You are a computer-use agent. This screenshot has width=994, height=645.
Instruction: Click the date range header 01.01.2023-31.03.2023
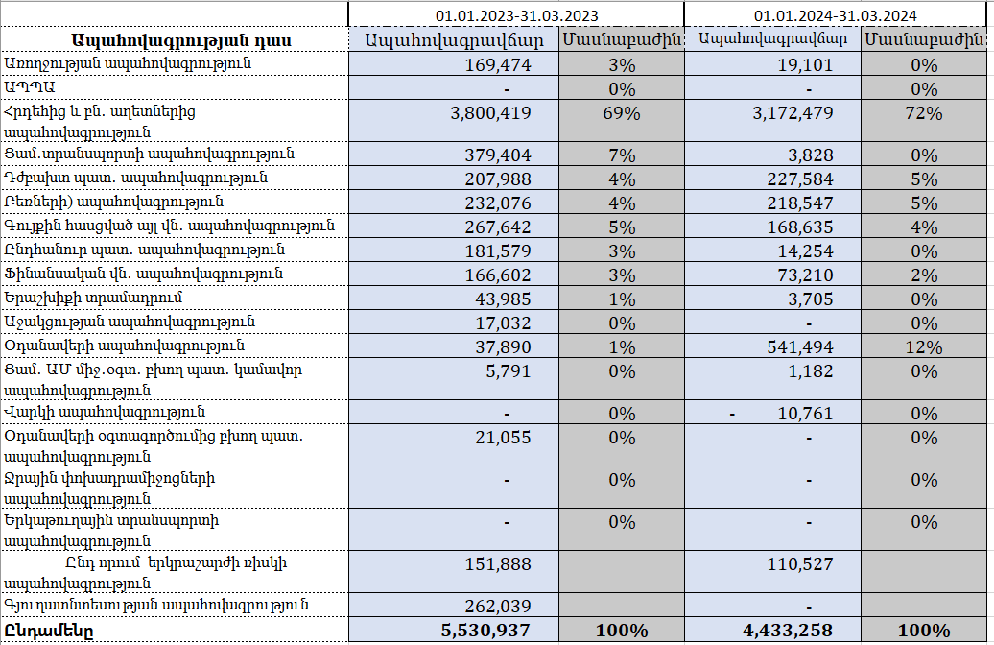point(517,15)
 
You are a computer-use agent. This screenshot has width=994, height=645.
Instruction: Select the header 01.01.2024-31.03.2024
point(836,15)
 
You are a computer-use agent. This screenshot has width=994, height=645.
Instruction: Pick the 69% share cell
point(623,113)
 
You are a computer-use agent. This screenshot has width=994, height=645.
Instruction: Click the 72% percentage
point(925,113)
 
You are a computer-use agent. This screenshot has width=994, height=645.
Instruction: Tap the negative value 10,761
point(805,414)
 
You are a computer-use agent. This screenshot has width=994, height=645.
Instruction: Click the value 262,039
point(497,606)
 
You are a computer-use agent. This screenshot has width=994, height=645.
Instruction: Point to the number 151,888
point(497,563)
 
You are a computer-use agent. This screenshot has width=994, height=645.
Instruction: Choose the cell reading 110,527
point(799,563)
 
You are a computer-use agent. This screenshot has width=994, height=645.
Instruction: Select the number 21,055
point(502,438)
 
